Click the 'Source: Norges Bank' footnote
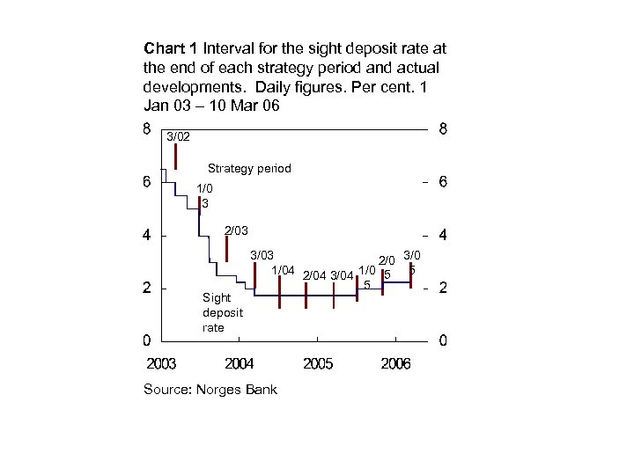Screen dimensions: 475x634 click(210, 390)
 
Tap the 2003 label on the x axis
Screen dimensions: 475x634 click(161, 364)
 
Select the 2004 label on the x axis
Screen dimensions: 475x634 click(240, 364)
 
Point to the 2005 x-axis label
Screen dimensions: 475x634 click(317, 364)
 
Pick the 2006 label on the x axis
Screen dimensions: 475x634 click(395, 364)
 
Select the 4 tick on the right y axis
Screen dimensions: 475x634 click(443, 235)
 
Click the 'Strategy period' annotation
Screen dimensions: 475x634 click(249, 168)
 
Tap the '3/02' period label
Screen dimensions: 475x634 click(178, 137)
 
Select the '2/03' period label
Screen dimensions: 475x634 click(236, 230)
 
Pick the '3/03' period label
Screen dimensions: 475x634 click(262, 255)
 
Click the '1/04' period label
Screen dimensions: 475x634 click(283, 269)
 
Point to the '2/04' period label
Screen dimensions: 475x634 click(313, 275)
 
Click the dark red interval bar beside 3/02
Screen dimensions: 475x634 click(176, 157)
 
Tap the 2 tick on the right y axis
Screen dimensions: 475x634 click(443, 288)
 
